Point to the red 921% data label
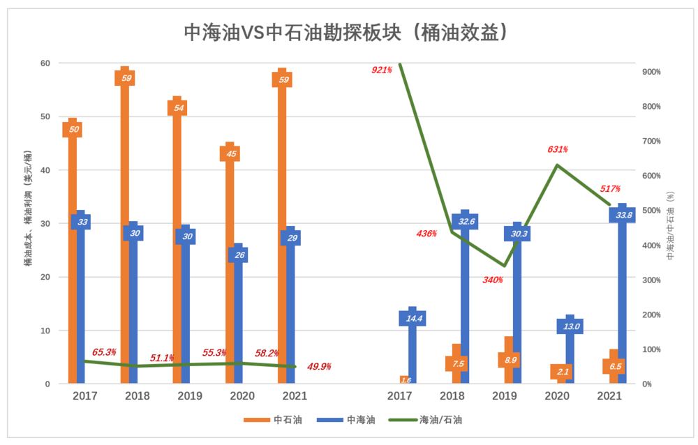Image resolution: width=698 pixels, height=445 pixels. [x=382, y=70]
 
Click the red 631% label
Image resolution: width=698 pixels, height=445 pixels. [x=557, y=149]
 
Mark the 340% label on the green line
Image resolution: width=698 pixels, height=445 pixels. [x=492, y=280]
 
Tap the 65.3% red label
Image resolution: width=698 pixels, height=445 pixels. [x=104, y=352]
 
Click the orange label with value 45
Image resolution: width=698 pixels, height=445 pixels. [x=230, y=154]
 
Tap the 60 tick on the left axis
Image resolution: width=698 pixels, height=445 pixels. [x=45, y=63]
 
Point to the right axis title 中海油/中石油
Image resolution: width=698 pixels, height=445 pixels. [x=671, y=227]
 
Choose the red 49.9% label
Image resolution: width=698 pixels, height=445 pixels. [x=318, y=366]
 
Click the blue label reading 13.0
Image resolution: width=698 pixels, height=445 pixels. [x=570, y=326]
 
